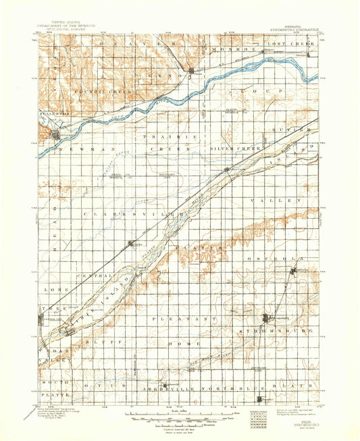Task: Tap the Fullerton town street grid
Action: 55,134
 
